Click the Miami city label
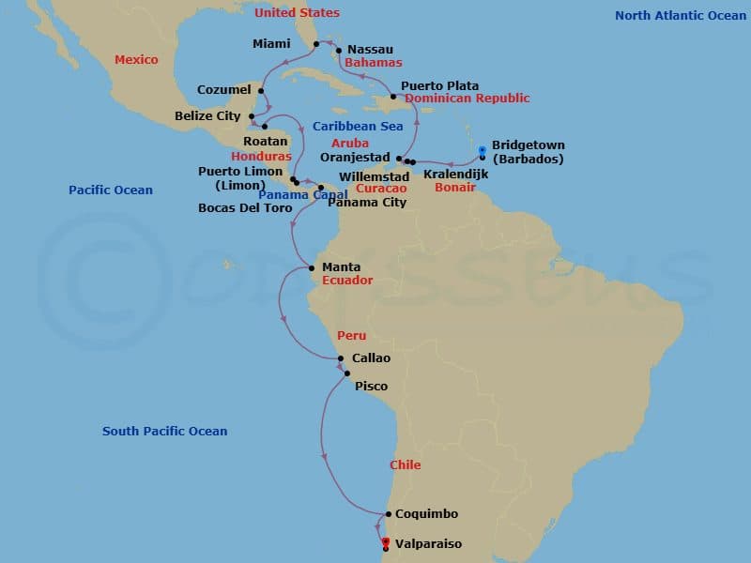pyautogui.click(x=272, y=44)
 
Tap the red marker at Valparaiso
pyautogui.click(x=386, y=540)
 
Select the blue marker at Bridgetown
pyautogui.click(x=483, y=149)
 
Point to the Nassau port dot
pyautogui.click(x=339, y=51)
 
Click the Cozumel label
pyautogui.click(x=224, y=90)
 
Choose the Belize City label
pyautogui.click(x=209, y=116)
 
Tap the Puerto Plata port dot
pyautogui.click(x=393, y=95)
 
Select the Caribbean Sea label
pyautogui.click(x=358, y=126)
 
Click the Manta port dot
pyautogui.click(x=313, y=267)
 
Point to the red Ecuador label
pyautogui.click(x=347, y=281)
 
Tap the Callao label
pyautogui.click(x=371, y=358)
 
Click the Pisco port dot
pyautogui.click(x=347, y=373)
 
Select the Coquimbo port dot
pyautogui.click(x=388, y=514)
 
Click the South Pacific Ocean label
pyautogui.click(x=165, y=432)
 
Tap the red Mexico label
pyautogui.click(x=136, y=60)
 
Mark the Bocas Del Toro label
pyautogui.click(x=245, y=208)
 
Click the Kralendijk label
pyautogui.click(x=456, y=175)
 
